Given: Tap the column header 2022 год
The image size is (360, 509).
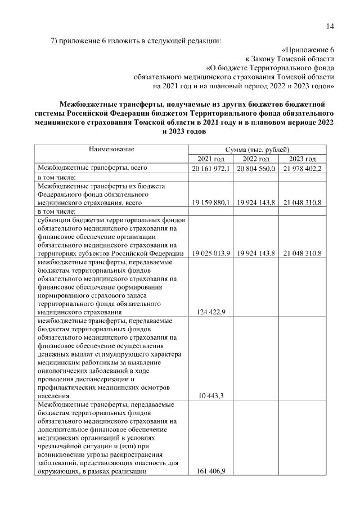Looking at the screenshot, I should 257,159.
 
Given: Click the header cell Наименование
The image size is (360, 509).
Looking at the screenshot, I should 111,150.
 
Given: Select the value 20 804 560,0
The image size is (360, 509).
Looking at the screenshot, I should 257,169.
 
